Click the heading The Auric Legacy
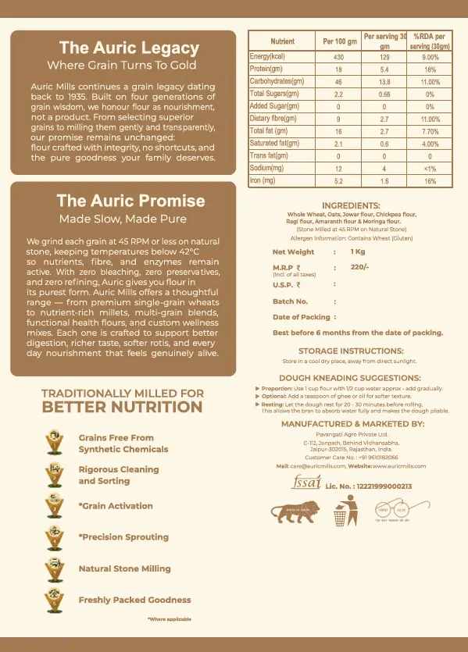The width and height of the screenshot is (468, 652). [x=129, y=48]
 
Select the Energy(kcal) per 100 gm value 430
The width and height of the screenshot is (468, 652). [x=338, y=58]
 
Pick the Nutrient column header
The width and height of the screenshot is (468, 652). [x=282, y=41]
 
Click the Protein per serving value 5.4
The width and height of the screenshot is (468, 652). [x=384, y=69]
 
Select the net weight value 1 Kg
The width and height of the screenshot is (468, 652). [x=358, y=252]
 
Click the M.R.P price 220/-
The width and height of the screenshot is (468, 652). [x=359, y=267]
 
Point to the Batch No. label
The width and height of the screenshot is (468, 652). [x=290, y=301]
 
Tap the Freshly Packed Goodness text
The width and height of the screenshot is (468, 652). [x=123, y=600]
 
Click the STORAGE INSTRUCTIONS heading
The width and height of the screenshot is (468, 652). [x=351, y=351]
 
